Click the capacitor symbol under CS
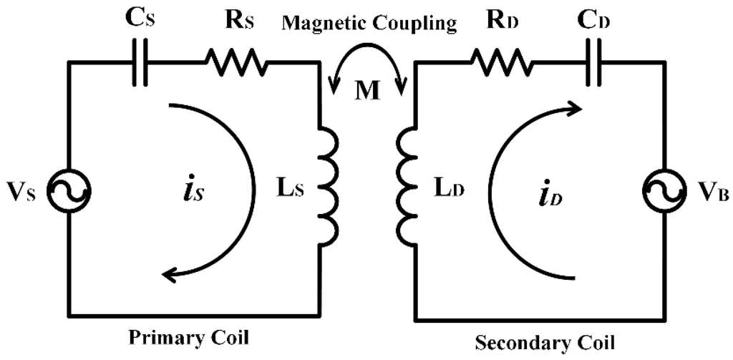click(140, 63)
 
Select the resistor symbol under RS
click(236, 63)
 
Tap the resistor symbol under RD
click(501, 63)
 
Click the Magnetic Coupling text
click(369, 23)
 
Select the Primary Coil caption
click(189, 336)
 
